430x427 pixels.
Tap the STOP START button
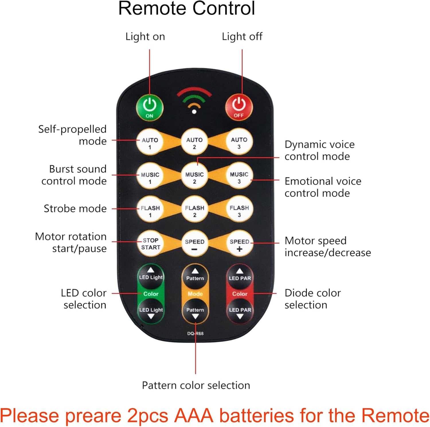coord(150,244)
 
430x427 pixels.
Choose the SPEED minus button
coord(195,244)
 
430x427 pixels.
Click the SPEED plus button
coord(239,244)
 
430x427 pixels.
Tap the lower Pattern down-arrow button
coord(195,312)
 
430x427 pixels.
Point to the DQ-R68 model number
coord(196,333)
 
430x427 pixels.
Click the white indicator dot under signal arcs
coord(194,112)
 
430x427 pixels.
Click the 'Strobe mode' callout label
coord(75,208)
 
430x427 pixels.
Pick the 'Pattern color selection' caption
coord(196,385)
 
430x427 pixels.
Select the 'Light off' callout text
coord(242,37)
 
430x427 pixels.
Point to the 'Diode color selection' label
coord(312,299)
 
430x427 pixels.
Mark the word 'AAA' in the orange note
coord(194,416)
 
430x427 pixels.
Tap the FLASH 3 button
coord(239,211)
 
